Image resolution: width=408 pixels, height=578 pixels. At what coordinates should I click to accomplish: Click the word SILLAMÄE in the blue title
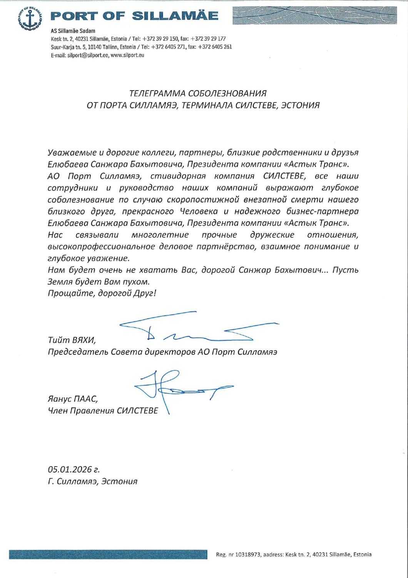(x=175, y=16)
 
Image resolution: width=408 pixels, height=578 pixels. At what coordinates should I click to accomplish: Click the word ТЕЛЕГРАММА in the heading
(x=154, y=94)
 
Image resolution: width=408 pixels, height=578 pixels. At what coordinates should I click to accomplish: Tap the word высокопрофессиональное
(x=101, y=247)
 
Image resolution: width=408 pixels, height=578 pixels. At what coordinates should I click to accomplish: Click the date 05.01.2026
(x=70, y=470)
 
